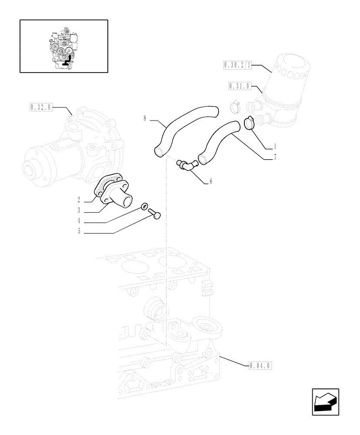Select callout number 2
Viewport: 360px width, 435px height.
tap(79, 200)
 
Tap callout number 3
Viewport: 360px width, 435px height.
tap(79, 211)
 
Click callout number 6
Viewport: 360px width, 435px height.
tap(211, 181)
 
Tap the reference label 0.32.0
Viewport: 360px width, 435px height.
tap(40, 107)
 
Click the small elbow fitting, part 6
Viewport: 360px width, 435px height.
tap(186, 165)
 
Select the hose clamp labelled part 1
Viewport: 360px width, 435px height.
tap(249, 124)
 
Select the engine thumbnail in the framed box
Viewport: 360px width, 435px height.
tap(63, 46)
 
